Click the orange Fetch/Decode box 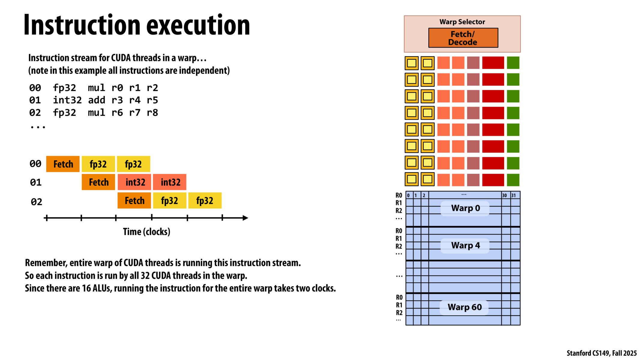(x=463, y=38)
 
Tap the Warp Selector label (x=462, y=22)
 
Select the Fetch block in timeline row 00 (x=63, y=164)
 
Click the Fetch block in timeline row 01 (x=98, y=182)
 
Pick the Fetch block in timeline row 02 (x=134, y=200)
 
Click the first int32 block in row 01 (x=135, y=182)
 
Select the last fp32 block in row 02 (x=205, y=200)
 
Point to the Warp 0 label (x=465, y=208)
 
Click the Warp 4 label (x=465, y=245)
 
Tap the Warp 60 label (x=464, y=307)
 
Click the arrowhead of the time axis (x=245, y=218)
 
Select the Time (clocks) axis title (x=146, y=232)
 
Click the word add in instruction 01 (x=97, y=100)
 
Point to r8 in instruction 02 (x=152, y=113)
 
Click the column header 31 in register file (x=513, y=195)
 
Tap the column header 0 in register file (x=408, y=195)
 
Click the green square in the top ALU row (x=513, y=63)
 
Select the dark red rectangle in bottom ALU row (x=493, y=180)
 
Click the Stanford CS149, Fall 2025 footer (x=601, y=353)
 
